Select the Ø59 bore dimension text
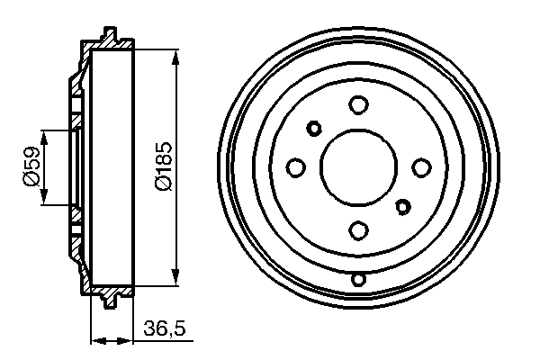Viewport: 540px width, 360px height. (30, 167)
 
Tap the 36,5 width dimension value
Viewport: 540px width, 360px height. (164, 330)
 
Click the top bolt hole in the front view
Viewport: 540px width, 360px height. (359, 105)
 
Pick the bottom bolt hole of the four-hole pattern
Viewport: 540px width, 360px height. (359, 229)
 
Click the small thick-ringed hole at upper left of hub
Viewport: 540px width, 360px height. (315, 127)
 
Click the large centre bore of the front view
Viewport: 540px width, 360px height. (359, 167)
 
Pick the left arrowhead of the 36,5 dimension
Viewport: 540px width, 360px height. (98, 340)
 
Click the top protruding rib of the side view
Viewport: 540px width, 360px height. (111, 36)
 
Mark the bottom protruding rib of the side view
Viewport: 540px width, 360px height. (111, 301)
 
